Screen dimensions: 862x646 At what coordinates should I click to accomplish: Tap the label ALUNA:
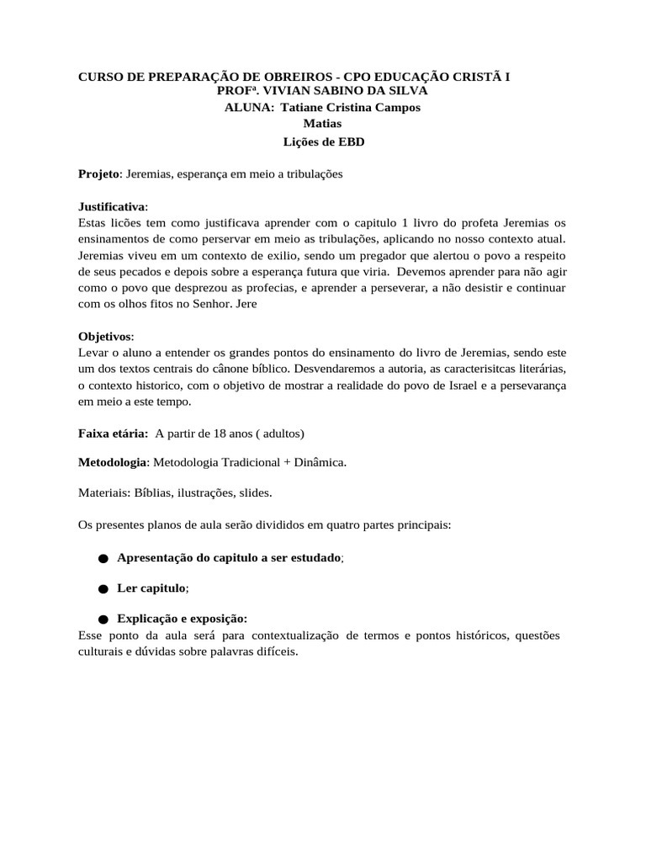coord(250,108)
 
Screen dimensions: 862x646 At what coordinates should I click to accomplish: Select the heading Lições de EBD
coord(322,142)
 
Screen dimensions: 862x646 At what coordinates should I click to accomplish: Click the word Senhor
coord(203,304)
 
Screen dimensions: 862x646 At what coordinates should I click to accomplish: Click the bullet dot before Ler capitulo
coord(103,588)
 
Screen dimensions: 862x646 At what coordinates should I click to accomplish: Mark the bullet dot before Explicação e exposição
coord(103,620)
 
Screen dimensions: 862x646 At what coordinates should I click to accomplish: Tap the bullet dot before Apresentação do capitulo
coord(103,558)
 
